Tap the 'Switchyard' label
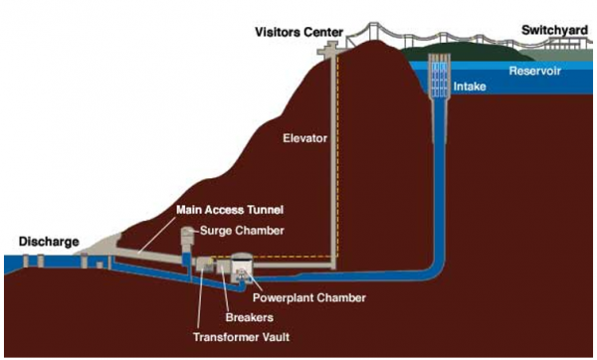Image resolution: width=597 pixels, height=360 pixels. coord(555,31)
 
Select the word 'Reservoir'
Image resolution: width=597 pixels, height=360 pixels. coord(537,71)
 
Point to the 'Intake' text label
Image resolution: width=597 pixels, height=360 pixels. coord(470,88)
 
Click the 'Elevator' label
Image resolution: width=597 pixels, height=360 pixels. coord(304,137)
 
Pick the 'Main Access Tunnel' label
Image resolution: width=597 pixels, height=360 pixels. coord(230,210)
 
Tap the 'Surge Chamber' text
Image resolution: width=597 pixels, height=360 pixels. coord(245,231)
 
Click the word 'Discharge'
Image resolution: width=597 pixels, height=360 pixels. coord(47,241)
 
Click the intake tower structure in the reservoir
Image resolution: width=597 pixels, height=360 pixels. coord(438,76)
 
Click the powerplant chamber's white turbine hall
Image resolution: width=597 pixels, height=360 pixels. coord(243,267)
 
